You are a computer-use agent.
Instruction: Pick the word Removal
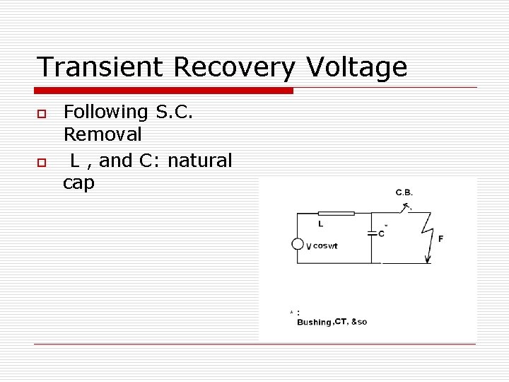pyautogui.click(x=103, y=134)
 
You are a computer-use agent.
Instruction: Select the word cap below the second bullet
pyautogui.click(x=78, y=183)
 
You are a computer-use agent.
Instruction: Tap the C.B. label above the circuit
pyautogui.click(x=405, y=192)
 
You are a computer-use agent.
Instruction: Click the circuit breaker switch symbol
pyautogui.click(x=404, y=208)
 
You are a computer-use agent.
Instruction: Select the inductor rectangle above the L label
pyautogui.click(x=336, y=212)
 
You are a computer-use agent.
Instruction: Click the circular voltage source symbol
pyautogui.click(x=298, y=244)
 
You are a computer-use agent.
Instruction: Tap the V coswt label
pyautogui.click(x=322, y=246)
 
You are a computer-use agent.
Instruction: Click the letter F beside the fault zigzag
pyautogui.click(x=440, y=239)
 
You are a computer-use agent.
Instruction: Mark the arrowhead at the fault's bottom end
pyautogui.click(x=428, y=260)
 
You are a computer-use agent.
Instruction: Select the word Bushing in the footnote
pyautogui.click(x=314, y=323)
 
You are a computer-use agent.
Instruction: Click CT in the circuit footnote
pyautogui.click(x=341, y=322)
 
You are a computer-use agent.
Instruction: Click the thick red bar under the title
pyautogui.click(x=164, y=91)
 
